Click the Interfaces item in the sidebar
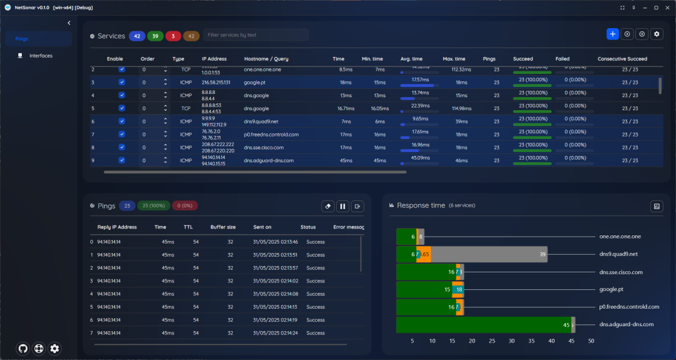click(41, 56)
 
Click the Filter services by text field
click(255, 35)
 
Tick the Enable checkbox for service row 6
click(122, 121)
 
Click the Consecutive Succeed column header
click(622, 59)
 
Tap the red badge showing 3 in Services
click(173, 36)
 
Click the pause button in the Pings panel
click(342, 206)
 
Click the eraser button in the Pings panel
click(327, 206)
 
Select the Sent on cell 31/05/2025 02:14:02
click(275, 281)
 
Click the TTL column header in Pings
click(188, 227)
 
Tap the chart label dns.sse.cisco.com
click(621, 272)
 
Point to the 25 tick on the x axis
click(492, 341)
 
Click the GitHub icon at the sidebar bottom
click(23, 349)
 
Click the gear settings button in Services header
click(657, 34)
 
